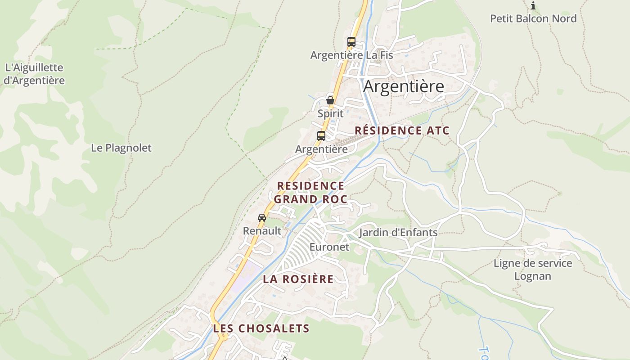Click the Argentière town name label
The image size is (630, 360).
[x=404, y=86]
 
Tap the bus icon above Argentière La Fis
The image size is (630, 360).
[x=351, y=42]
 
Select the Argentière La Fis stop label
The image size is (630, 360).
[x=351, y=55]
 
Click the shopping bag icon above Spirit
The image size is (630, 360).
[x=330, y=100]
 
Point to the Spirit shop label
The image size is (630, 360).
[x=330, y=113]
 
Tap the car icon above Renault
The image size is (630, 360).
[x=262, y=218]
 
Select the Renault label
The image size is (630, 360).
[x=262, y=231]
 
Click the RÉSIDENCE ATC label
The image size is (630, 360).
[x=402, y=130]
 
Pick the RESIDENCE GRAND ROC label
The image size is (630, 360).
[x=310, y=193]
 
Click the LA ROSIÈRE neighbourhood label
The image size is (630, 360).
[x=298, y=279]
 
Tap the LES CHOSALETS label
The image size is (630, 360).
[x=261, y=328]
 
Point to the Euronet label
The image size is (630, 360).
[x=329, y=247]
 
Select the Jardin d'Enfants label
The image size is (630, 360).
[x=398, y=233]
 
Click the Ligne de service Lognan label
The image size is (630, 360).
[x=533, y=270]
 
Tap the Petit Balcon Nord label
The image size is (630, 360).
[x=533, y=18]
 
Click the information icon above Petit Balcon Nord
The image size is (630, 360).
[x=533, y=6]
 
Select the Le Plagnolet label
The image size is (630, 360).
[x=121, y=148]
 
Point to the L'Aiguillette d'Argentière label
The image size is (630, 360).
[x=34, y=74]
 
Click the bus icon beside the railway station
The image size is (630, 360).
[x=321, y=135]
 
